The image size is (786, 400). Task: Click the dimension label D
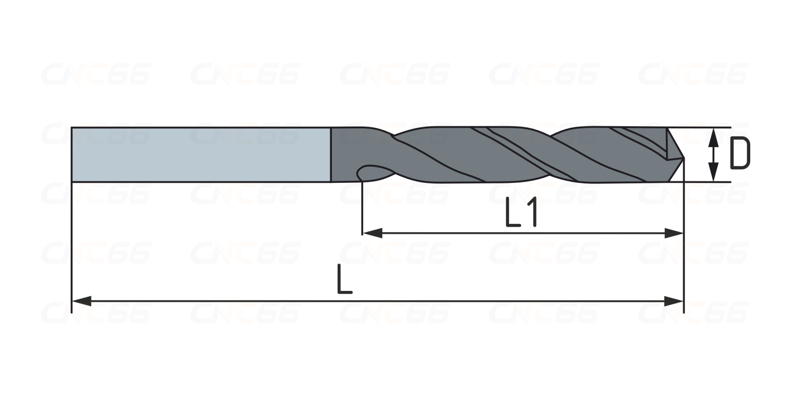point(740,154)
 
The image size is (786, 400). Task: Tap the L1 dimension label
point(521,212)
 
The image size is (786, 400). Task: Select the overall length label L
point(345,279)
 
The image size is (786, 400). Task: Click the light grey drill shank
point(201,154)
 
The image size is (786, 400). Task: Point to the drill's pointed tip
point(683,158)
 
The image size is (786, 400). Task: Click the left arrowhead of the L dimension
point(81,301)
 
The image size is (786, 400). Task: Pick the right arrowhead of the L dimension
point(673,301)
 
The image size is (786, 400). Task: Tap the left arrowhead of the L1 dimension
point(372,233)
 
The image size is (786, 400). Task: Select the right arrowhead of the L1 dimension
point(673,233)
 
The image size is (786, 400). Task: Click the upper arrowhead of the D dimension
point(713,138)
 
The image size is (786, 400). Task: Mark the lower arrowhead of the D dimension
point(713,171)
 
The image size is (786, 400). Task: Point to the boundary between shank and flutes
point(331,154)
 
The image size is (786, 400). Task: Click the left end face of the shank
point(72,154)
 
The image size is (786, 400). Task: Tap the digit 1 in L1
point(531,212)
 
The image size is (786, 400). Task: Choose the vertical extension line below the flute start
point(362,207)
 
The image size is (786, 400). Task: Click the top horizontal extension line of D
point(699,128)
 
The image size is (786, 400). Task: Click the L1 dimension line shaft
point(523,233)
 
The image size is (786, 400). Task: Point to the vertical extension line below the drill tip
point(683,236)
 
